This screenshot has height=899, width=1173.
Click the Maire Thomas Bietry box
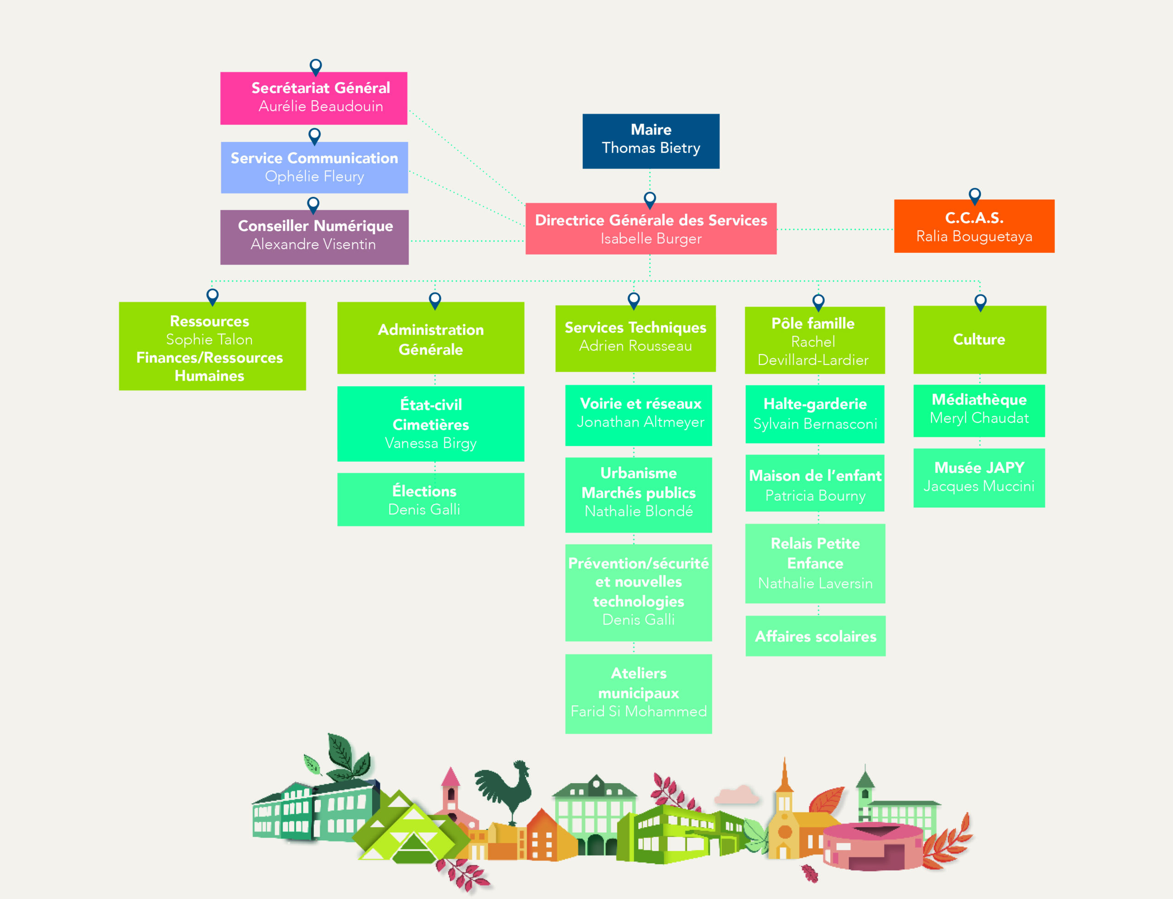tap(651, 141)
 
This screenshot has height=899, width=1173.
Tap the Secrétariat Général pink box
tap(314, 98)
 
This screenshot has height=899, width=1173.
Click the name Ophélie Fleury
tap(314, 177)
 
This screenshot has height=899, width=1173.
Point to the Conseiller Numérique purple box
tap(314, 237)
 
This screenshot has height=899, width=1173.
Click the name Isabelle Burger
tap(651, 239)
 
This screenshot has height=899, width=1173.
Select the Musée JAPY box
tap(979, 478)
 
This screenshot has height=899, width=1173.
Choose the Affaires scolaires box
tap(815, 636)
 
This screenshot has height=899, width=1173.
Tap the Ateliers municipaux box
tap(639, 693)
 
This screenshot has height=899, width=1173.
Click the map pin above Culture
tap(980, 302)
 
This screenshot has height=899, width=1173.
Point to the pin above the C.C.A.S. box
tap(975, 196)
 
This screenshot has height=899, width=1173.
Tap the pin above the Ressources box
tap(213, 296)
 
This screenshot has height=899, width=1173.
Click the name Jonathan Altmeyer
tap(640, 422)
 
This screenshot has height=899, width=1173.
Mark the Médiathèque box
tap(979, 410)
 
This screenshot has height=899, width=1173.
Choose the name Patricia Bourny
tap(815, 496)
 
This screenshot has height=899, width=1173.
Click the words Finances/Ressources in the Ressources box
tap(209, 358)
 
